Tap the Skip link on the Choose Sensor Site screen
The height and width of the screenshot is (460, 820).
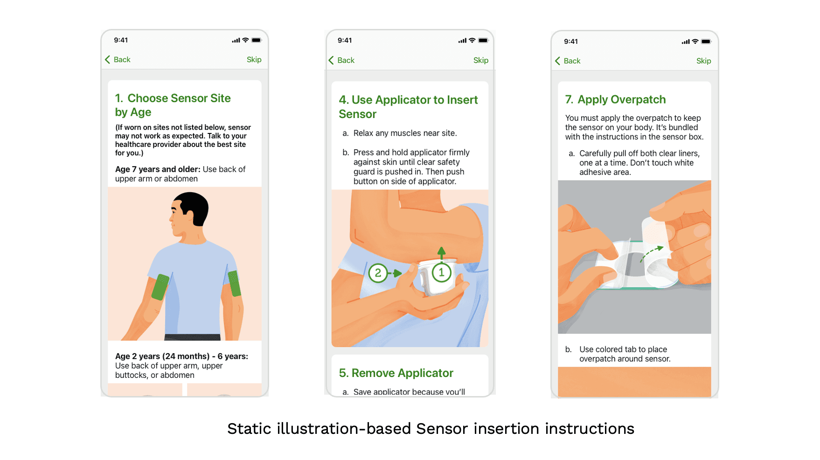pos(254,60)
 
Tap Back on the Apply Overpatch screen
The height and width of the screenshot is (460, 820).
pos(568,61)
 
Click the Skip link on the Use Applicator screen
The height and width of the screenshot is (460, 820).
pos(480,60)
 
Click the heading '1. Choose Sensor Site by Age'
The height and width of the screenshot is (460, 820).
pos(173,105)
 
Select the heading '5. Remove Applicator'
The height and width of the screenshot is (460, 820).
pos(396,373)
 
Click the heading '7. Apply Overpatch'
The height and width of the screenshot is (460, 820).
pos(615,99)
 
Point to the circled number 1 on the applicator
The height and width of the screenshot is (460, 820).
pos(441,272)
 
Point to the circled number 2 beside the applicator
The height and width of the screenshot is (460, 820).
pos(378,273)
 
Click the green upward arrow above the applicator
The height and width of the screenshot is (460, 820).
pos(441,253)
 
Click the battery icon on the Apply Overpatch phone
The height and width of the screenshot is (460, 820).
pos(706,42)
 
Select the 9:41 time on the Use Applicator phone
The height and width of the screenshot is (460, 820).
pos(345,41)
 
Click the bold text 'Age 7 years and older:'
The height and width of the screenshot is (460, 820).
pos(158,169)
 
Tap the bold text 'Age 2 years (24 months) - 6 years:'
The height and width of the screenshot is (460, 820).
pos(181,356)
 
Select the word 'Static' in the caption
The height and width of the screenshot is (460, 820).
pos(249,429)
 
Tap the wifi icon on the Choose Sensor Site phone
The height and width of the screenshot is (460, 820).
pos(245,40)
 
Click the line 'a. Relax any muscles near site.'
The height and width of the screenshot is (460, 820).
pos(400,133)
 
